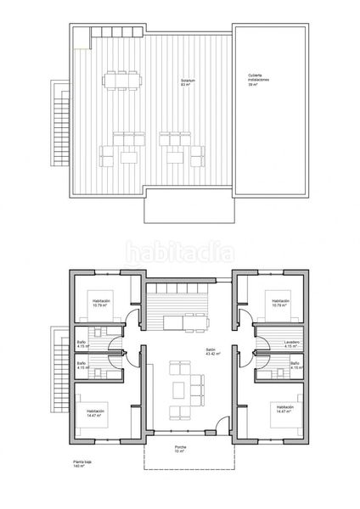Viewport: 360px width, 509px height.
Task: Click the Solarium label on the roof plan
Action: tap(187, 81)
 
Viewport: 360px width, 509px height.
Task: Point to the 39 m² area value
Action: tap(253, 86)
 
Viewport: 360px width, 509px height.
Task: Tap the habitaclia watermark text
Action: tap(179, 251)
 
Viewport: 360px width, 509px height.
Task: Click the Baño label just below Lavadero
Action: tap(295, 364)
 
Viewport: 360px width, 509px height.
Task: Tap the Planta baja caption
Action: tap(82, 461)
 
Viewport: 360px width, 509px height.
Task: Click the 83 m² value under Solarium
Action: tap(185, 87)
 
